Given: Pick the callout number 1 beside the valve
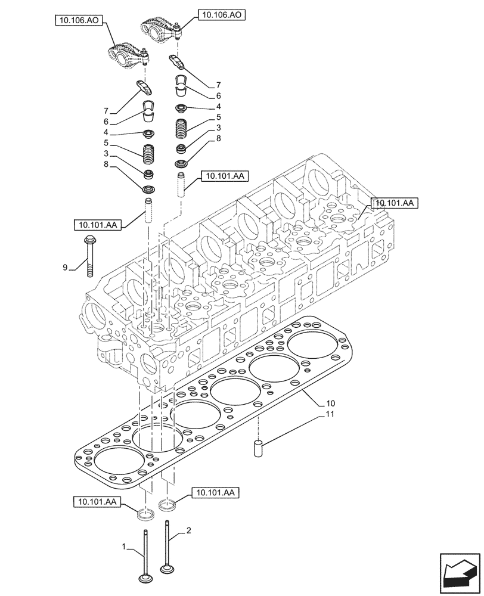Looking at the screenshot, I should coord(124,547).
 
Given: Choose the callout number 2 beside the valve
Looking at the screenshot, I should coord(189,530).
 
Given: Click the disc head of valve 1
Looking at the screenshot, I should coord(144,579).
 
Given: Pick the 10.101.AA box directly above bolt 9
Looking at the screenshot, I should coord(98,225).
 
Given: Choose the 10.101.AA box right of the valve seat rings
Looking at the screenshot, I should coord(215,492).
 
